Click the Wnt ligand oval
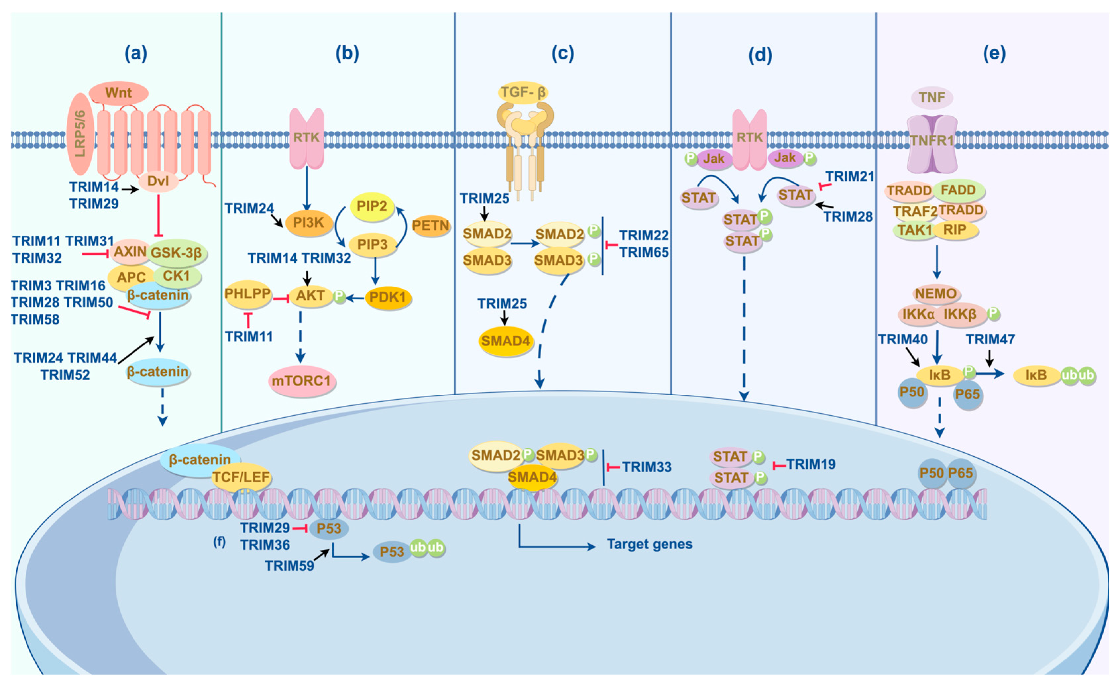(x=118, y=93)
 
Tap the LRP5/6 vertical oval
(x=80, y=134)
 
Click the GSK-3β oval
(x=177, y=253)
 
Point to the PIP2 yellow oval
(x=372, y=206)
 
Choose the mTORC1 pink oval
(x=301, y=381)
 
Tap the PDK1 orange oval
(x=388, y=297)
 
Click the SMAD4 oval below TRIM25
(x=506, y=341)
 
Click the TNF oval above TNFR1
(x=932, y=97)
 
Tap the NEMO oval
(x=935, y=293)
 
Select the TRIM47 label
(x=990, y=339)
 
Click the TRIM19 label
(x=811, y=464)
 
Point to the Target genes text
(x=649, y=544)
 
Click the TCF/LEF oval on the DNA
(x=241, y=477)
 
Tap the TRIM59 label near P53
(x=290, y=566)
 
